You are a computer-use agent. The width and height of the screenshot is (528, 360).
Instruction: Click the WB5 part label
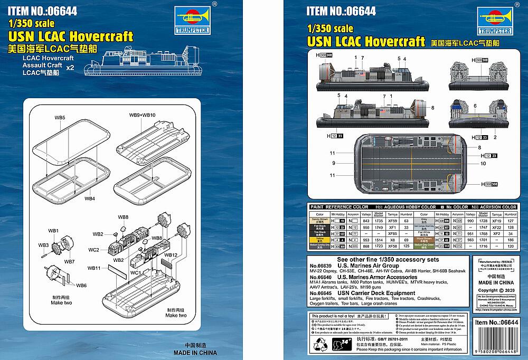tap(60, 117)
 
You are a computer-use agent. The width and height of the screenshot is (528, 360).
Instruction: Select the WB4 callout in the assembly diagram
tap(90, 198)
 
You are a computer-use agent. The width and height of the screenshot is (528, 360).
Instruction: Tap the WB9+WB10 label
tap(142, 115)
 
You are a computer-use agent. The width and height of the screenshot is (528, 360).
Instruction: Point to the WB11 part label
tap(94, 269)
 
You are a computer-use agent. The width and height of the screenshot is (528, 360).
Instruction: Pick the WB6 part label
tap(81, 286)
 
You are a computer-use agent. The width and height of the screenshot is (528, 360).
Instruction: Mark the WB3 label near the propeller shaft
tap(43, 245)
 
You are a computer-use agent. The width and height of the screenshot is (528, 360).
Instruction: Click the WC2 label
tap(93, 250)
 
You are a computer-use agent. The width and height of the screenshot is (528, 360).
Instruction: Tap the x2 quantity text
tap(70, 67)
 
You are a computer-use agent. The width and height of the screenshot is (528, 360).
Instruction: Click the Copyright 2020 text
tap(495, 290)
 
